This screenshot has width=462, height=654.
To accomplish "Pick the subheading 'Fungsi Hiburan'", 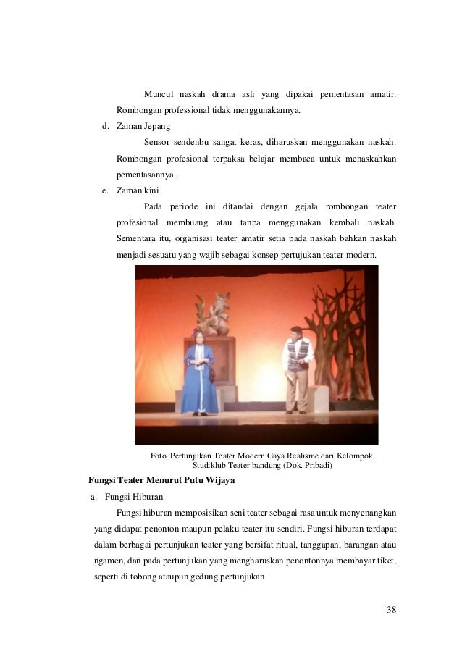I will [x=134, y=497].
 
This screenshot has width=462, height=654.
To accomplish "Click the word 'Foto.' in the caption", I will [x=159, y=456].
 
